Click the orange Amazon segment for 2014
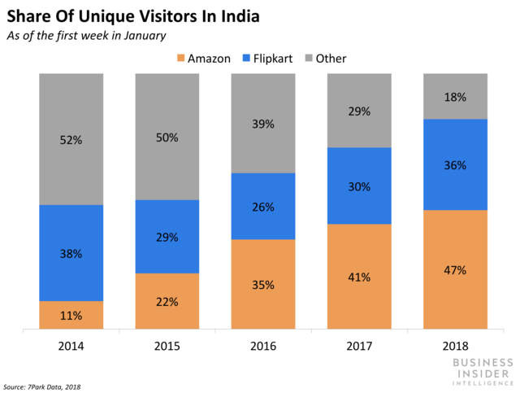(71, 316)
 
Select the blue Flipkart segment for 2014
(71, 252)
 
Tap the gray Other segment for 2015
(167, 137)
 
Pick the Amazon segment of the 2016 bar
(262, 285)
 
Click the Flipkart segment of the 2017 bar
(358, 186)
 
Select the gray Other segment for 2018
(454, 96)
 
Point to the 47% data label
(454, 270)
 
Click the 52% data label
(71, 139)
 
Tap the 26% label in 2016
(262, 207)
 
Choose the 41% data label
(358, 277)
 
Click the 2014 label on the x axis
(71, 346)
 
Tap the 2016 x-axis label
(262, 346)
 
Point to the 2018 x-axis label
(454, 346)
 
